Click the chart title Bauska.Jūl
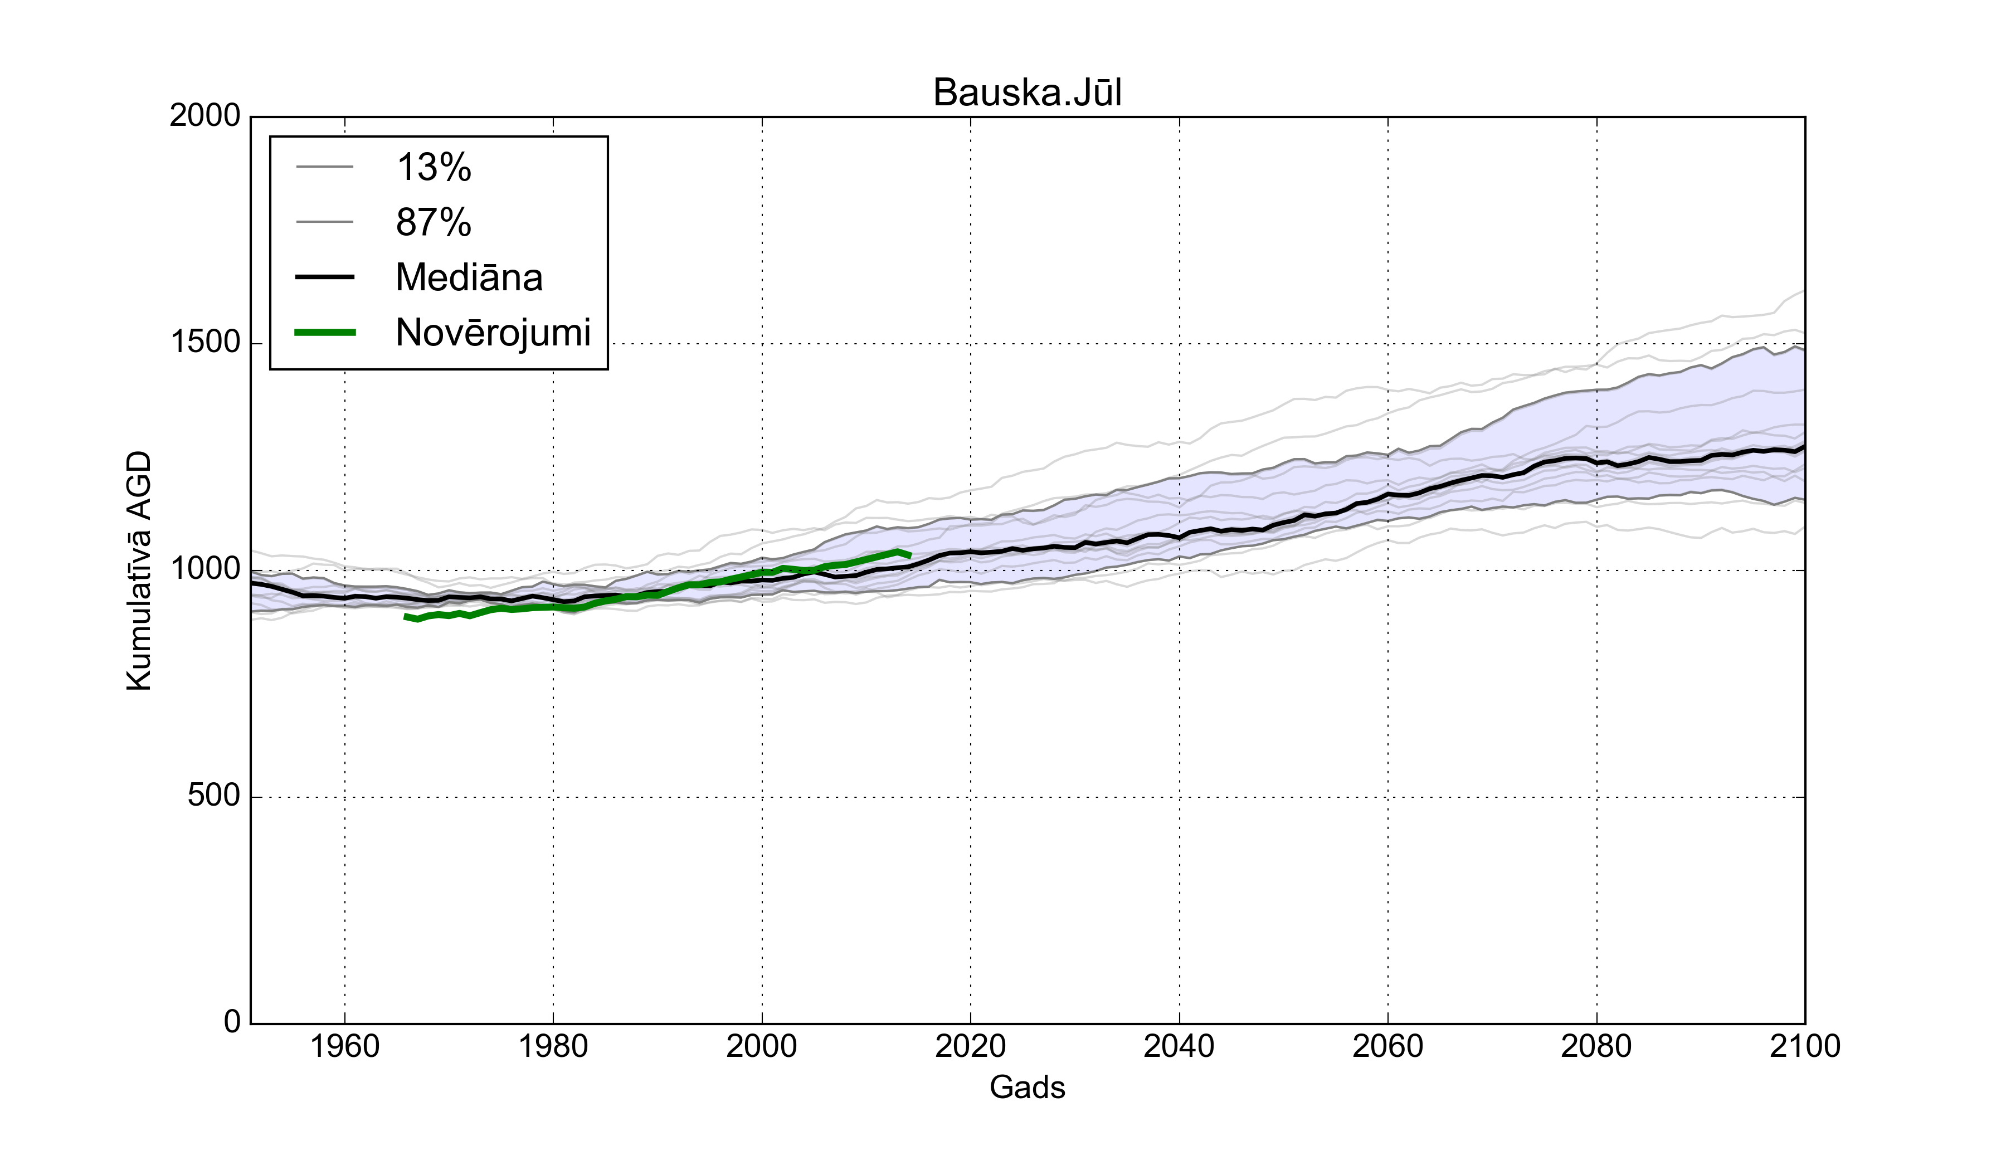coord(1027,93)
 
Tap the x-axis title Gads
coord(1027,1087)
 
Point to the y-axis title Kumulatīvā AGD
coord(139,571)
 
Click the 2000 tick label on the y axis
coord(205,116)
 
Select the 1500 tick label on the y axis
coord(205,343)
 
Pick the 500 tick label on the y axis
coord(213,796)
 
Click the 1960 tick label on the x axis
coord(345,1046)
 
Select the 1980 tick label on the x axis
coord(553,1046)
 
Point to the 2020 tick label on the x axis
coord(970,1046)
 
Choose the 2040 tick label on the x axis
coord(1179,1046)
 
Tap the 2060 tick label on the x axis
coord(1387,1046)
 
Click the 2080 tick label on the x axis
coord(1596,1046)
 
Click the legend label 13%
coord(434,168)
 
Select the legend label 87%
coord(434,222)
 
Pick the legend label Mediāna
coord(469,278)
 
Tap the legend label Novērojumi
coord(493,333)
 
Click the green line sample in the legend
coord(325,333)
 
